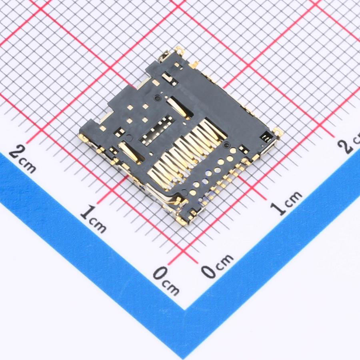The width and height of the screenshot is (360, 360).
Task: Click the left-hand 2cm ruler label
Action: [x=22, y=159]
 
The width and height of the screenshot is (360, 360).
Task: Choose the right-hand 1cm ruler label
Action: [x=286, y=203]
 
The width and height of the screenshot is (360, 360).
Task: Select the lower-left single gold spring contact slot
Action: [x=130, y=151]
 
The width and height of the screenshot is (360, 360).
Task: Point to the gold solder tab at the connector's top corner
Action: [x=179, y=50]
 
